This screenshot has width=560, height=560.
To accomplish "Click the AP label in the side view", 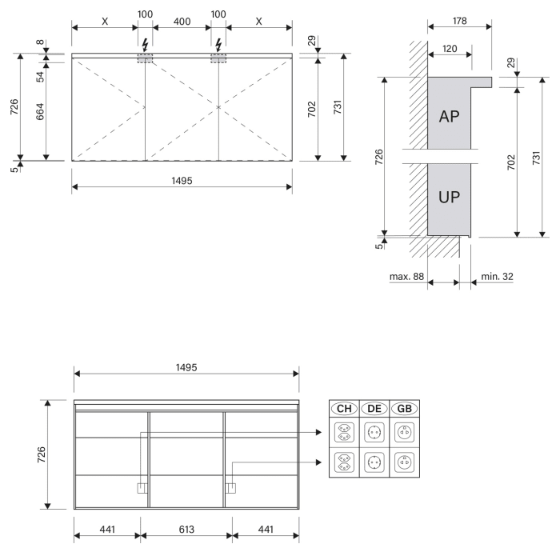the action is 450,117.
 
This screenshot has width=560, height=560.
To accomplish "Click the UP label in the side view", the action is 450,197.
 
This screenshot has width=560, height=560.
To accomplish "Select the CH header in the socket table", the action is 344,409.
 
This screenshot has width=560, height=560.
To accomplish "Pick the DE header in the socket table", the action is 374,409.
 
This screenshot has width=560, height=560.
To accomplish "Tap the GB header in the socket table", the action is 404,409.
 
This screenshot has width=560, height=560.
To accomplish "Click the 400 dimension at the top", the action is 182,22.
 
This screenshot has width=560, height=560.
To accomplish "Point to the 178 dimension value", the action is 460,21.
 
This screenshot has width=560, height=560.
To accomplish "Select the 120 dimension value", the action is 450,49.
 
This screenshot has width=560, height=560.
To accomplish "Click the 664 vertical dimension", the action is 40,111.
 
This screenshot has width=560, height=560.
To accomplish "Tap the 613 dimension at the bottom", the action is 186,530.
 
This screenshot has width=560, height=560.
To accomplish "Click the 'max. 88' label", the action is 406,277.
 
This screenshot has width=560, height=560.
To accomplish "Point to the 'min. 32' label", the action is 497,277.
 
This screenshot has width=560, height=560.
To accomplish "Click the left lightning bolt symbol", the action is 145,46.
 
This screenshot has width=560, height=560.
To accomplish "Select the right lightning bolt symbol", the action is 218,46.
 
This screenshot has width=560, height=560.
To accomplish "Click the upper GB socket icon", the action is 405,432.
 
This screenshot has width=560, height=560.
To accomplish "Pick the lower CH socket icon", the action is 344,462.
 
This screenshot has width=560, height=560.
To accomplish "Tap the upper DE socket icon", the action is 374,432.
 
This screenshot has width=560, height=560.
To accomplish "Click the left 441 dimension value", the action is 107,530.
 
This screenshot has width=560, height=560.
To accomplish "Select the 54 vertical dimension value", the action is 40,77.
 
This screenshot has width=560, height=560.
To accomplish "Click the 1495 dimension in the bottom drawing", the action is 186,367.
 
